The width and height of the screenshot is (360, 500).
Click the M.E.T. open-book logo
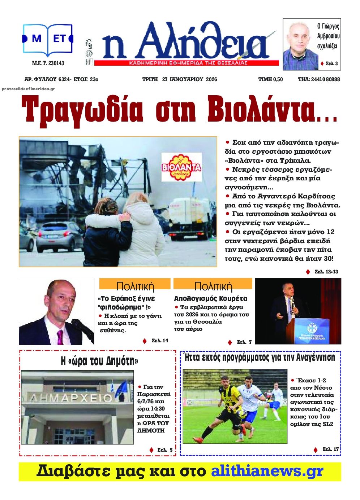(x=48, y=39)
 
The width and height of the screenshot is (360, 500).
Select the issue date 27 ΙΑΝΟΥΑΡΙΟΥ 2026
(x=189, y=79)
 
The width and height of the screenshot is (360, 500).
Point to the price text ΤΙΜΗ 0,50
(x=270, y=79)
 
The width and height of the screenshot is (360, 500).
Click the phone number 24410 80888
(x=324, y=79)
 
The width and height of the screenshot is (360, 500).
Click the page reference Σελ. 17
(x=330, y=449)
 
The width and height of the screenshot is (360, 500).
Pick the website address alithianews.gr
(x=267, y=471)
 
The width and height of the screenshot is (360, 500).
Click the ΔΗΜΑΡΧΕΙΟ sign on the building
(x=71, y=398)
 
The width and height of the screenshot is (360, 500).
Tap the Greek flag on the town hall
(x=120, y=389)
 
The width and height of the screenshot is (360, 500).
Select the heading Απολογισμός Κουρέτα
(x=211, y=299)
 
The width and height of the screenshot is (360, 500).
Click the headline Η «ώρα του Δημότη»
(x=99, y=361)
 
